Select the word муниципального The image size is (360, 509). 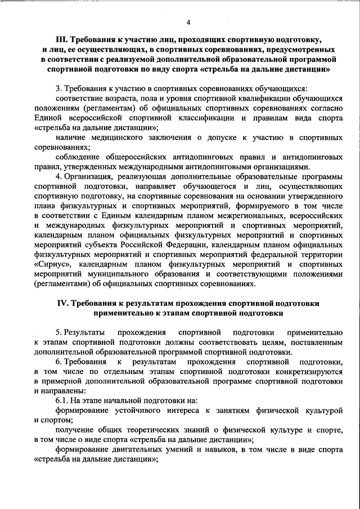click(111, 274)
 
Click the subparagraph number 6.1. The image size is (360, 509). click(64, 400)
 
